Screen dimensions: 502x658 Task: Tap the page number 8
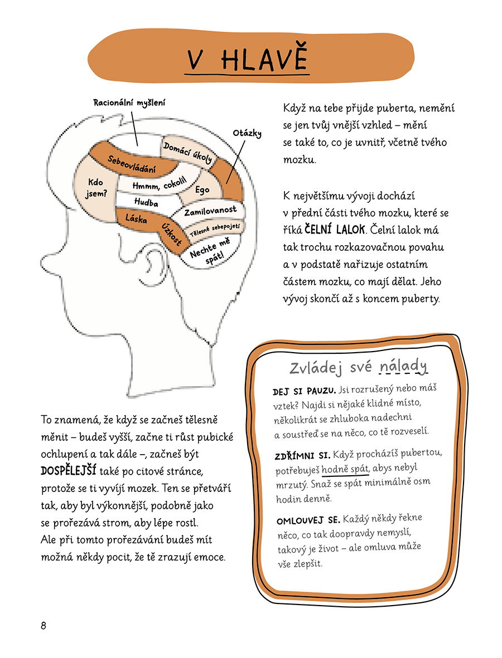(x=44, y=626)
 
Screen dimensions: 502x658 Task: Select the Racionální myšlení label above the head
(x=129, y=103)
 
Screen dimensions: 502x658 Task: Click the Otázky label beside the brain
(x=247, y=133)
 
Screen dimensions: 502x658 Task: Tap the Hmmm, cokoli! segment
(x=159, y=183)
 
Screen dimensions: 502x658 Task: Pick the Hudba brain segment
(x=146, y=202)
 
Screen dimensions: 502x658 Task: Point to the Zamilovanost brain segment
(x=210, y=211)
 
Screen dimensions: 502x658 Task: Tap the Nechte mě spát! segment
(x=210, y=251)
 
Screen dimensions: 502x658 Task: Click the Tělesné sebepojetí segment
(x=215, y=230)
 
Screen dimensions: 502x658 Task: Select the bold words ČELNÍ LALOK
(x=335, y=229)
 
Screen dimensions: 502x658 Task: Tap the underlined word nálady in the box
(x=403, y=367)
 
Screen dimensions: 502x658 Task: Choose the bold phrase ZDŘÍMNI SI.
(x=302, y=456)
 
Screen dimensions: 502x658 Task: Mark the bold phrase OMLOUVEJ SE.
(x=308, y=520)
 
